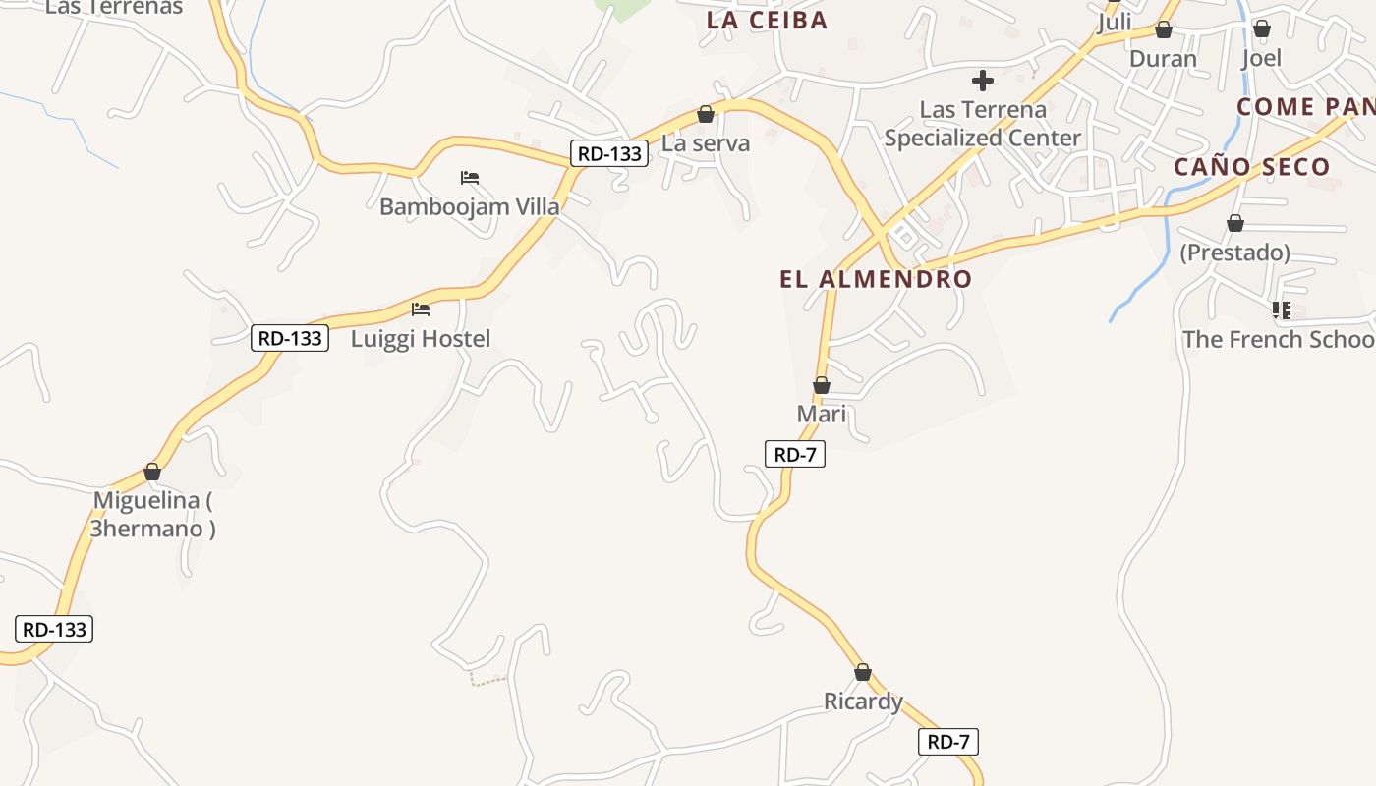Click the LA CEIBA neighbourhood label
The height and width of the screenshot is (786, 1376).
768,20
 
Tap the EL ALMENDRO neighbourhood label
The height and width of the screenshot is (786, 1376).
876,279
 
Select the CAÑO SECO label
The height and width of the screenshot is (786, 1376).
1251,167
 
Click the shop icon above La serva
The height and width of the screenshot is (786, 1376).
705,114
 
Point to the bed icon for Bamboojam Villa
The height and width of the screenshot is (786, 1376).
470,178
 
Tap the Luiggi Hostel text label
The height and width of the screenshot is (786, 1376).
421,339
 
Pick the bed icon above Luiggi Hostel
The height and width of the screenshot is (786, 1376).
421,309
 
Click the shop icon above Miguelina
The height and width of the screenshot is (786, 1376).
152,473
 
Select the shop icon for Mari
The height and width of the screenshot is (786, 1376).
822,385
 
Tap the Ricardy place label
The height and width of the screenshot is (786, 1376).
863,702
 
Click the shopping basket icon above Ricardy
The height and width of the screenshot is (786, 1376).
863,672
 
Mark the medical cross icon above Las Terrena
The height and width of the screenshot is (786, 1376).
982,81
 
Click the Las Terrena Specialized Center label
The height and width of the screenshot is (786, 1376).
982,124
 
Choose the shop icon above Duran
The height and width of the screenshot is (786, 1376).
1164,29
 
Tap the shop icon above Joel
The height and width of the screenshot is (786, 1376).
1262,28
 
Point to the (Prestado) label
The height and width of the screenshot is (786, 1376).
1234,253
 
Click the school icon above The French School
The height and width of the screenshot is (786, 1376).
1282,310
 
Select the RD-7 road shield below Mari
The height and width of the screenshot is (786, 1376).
794,454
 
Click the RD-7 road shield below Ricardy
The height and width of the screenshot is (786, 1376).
948,742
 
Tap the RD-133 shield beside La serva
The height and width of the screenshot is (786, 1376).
609,153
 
